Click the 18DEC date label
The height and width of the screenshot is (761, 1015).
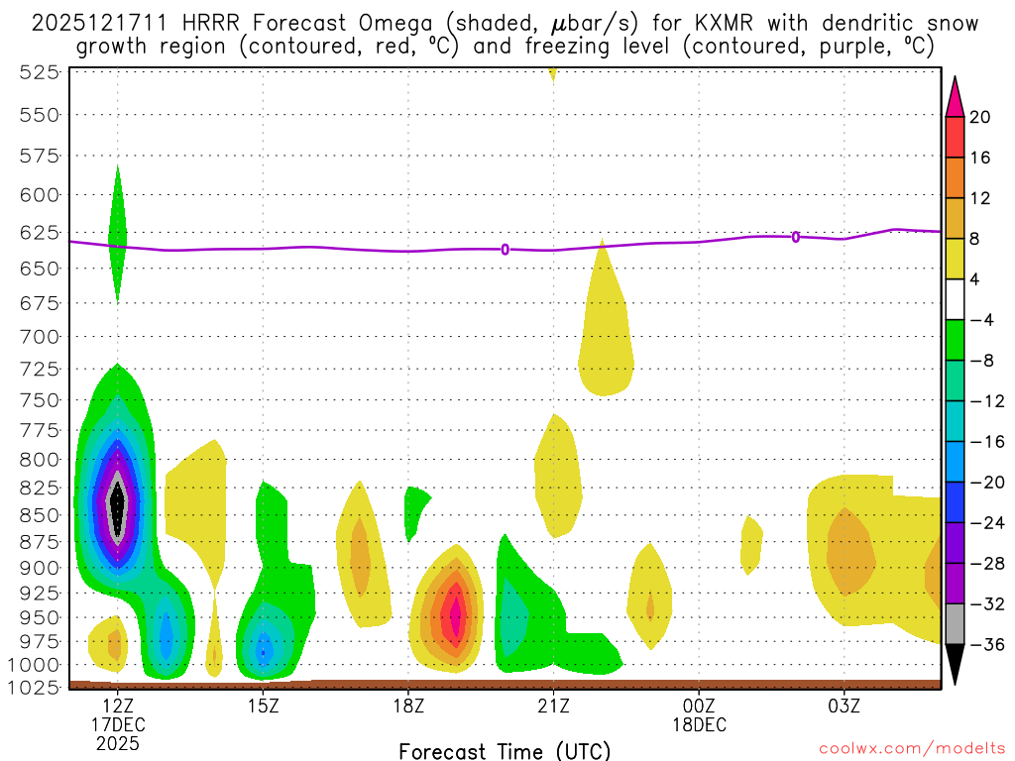click(x=700, y=724)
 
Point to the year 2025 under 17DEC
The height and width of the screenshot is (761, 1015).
click(x=118, y=743)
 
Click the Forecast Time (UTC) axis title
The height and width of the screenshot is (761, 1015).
click(x=505, y=750)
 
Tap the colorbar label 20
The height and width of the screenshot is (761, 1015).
click(x=980, y=117)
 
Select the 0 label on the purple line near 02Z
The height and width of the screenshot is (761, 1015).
click(x=796, y=237)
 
